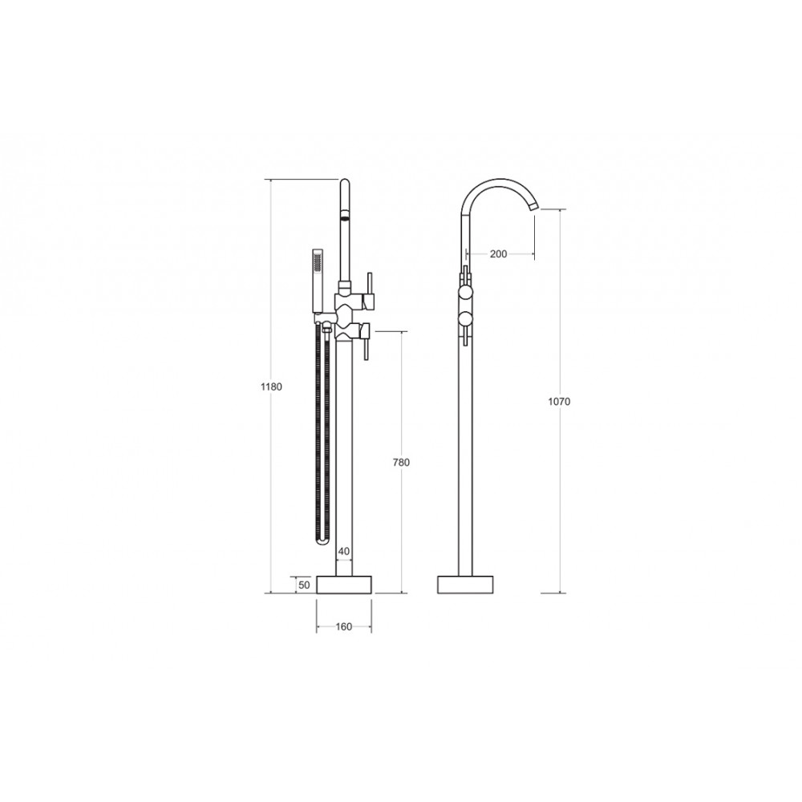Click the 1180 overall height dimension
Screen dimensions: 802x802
[x=271, y=387]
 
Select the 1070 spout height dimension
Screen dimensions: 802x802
[x=559, y=402]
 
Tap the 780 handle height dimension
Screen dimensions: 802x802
[x=401, y=463]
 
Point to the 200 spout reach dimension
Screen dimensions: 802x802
[x=498, y=253]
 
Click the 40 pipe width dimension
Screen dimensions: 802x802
[x=344, y=552]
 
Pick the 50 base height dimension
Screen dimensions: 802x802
[x=304, y=585]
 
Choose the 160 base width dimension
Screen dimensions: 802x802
[x=344, y=626]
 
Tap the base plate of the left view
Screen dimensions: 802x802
[x=344, y=585]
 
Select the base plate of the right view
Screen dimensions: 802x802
[x=465, y=585]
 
